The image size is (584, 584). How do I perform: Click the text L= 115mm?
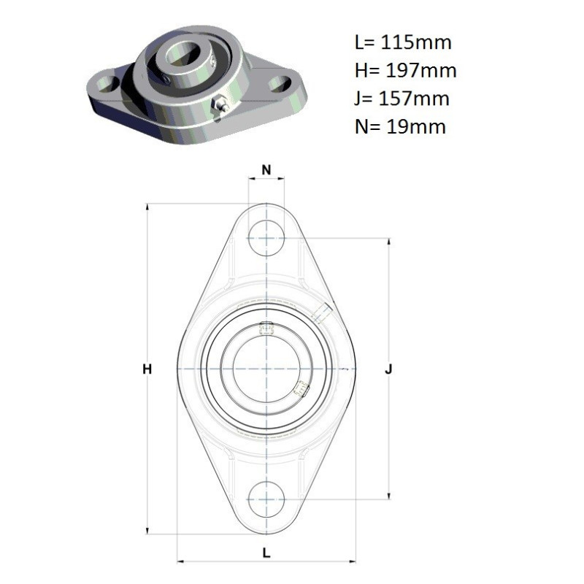click(x=403, y=42)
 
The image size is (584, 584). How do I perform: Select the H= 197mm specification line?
click(x=406, y=70)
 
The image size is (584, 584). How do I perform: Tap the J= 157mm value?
click(x=402, y=99)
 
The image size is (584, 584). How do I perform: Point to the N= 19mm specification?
click(x=400, y=126)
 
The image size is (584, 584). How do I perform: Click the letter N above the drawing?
click(x=266, y=170)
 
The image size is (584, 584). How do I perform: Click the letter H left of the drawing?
click(x=147, y=369)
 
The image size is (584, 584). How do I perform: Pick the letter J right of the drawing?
click(x=388, y=369)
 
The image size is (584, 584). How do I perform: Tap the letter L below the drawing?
click(x=266, y=553)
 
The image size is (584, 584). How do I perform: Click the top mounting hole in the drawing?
click(x=266, y=238)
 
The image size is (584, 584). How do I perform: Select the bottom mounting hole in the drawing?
click(x=266, y=499)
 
